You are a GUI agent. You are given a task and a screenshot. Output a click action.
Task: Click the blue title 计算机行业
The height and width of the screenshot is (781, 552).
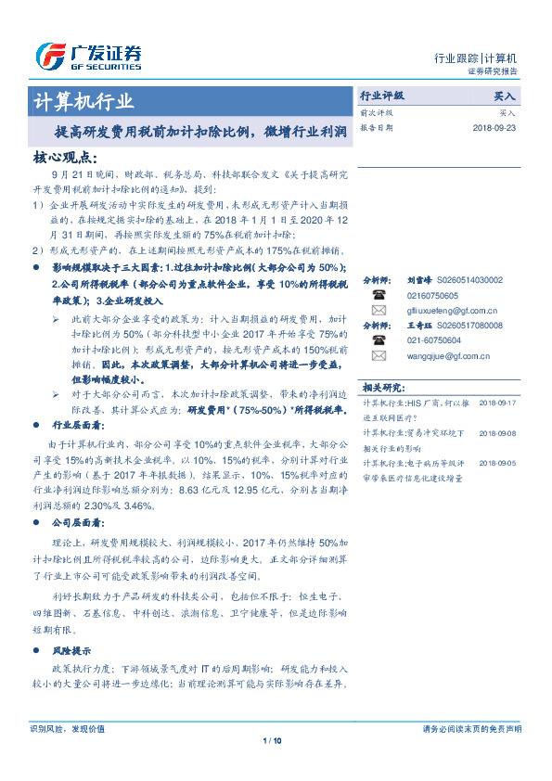coord(83,101)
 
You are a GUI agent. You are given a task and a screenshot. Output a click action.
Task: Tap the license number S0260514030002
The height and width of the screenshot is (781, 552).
coord(469,280)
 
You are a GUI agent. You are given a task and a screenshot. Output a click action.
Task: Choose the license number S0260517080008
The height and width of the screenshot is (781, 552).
coord(469,326)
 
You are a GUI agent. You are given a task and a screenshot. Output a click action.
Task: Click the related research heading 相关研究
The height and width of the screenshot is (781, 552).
coord(383,387)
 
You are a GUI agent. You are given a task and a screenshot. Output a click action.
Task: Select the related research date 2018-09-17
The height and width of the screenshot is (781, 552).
coord(498,403)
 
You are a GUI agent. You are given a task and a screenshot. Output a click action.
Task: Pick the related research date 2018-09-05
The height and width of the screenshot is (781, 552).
coord(498,461)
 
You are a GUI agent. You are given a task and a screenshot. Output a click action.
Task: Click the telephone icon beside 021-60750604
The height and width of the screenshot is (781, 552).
coord(379,340)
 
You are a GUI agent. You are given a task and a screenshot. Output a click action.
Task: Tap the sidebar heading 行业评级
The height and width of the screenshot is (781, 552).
coord(382,96)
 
